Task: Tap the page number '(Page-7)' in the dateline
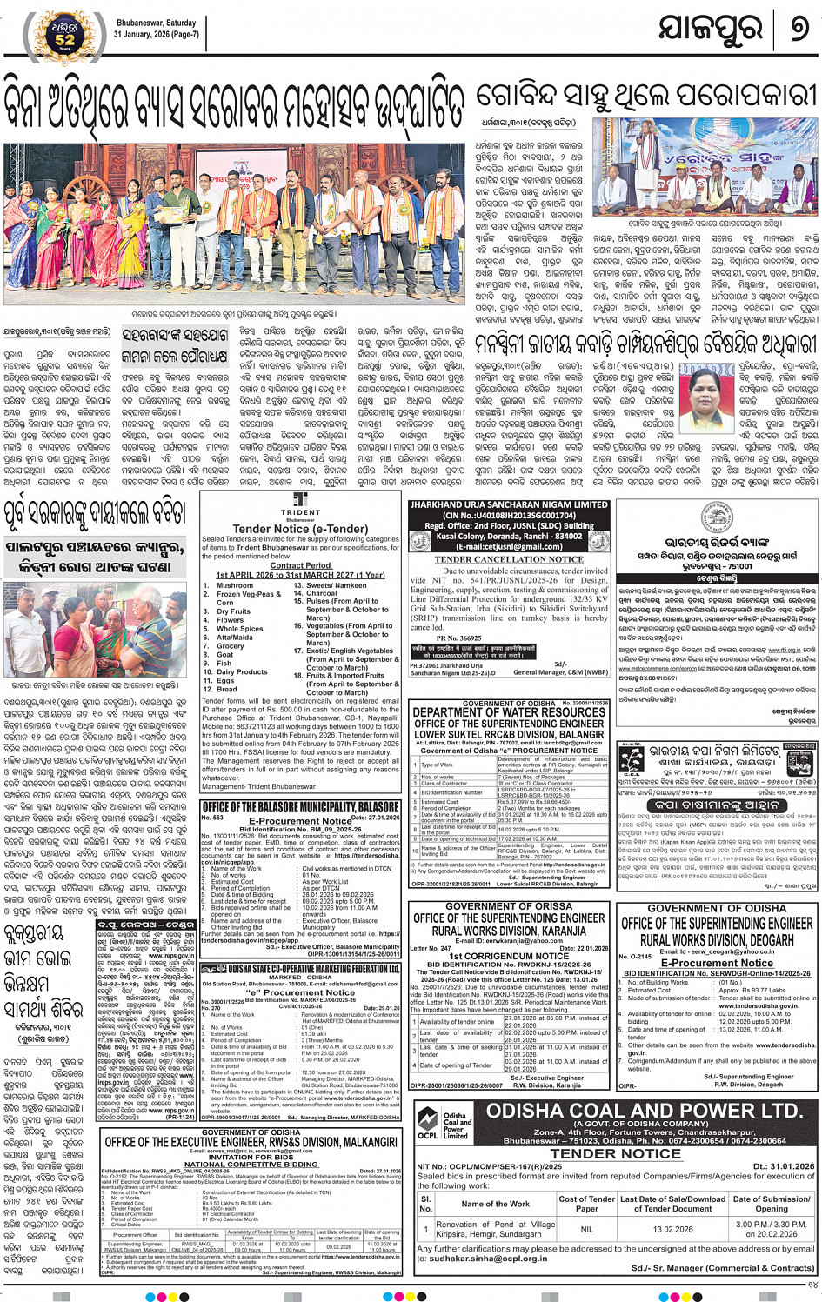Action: click(179, 34)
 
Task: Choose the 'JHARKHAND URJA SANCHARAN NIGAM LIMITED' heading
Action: click(509, 505)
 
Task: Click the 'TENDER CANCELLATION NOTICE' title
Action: click(509, 559)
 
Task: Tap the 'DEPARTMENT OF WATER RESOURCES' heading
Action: click(509, 712)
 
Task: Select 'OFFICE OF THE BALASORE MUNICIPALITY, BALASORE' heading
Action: click(300, 807)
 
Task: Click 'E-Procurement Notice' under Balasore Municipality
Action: click(300, 820)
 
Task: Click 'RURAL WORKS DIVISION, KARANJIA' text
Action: click(509, 931)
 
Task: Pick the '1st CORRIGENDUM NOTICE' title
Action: click(509, 956)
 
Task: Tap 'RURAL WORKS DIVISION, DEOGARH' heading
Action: click(718, 940)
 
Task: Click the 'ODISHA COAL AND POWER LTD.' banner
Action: click(644, 1112)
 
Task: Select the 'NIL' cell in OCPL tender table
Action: click(587, 1229)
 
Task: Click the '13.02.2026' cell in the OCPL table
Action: click(672, 1229)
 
